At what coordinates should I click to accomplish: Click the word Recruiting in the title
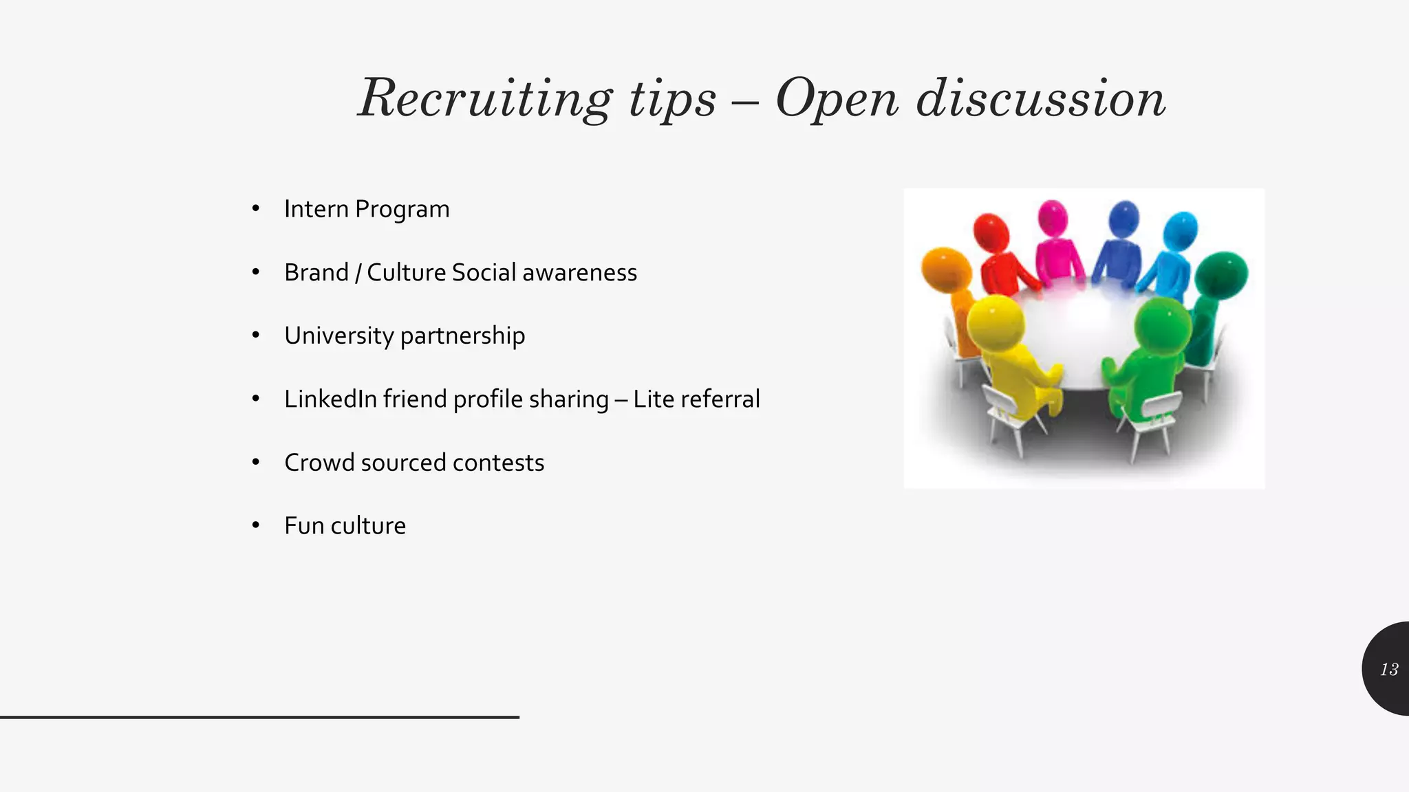(x=485, y=98)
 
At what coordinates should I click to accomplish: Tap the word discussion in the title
(x=1041, y=98)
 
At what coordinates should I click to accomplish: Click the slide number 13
(x=1389, y=669)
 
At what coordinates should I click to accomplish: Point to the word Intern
(x=316, y=209)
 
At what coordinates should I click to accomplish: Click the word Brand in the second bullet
(x=316, y=272)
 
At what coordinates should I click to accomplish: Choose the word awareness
(x=579, y=272)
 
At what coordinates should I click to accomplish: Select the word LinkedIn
(x=330, y=399)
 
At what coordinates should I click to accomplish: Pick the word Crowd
(x=319, y=463)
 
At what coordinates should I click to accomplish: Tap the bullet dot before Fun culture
(x=256, y=526)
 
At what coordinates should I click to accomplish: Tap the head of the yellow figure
(x=994, y=321)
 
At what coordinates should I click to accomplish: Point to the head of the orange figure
(x=946, y=269)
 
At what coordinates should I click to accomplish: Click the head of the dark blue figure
(x=1124, y=218)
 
